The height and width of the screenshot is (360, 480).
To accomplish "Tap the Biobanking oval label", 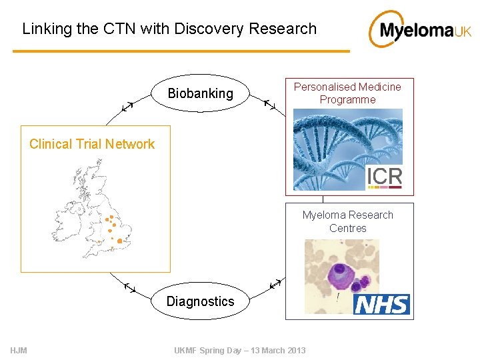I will (200, 93).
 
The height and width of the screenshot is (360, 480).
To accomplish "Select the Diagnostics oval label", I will (200, 301).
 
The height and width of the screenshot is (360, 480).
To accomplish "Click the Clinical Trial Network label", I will (92, 144).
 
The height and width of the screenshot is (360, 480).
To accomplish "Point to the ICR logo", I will (384, 177).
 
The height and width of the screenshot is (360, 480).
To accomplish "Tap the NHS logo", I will (381, 305).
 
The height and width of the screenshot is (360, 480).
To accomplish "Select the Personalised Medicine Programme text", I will (347, 93).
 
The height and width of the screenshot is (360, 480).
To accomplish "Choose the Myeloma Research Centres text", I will (347, 221).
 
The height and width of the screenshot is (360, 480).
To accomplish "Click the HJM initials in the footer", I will (19, 351).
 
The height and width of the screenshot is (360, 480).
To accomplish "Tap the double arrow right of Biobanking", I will (271, 105).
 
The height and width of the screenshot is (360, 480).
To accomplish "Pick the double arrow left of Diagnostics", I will (130, 287).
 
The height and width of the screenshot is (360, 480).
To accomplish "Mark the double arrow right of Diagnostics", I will (275, 285).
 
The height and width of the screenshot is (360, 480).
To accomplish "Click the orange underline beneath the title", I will (180, 51).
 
